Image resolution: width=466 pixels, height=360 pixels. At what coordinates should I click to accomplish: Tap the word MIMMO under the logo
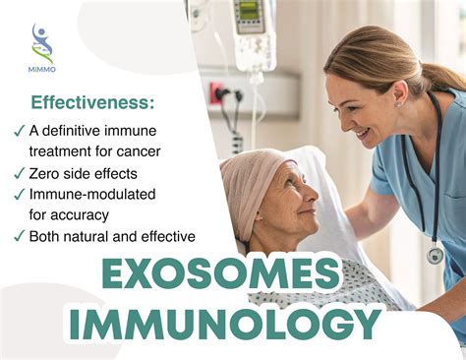tap(42, 72)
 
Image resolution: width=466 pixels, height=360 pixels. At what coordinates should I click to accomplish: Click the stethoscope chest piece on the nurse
tap(434, 256)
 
